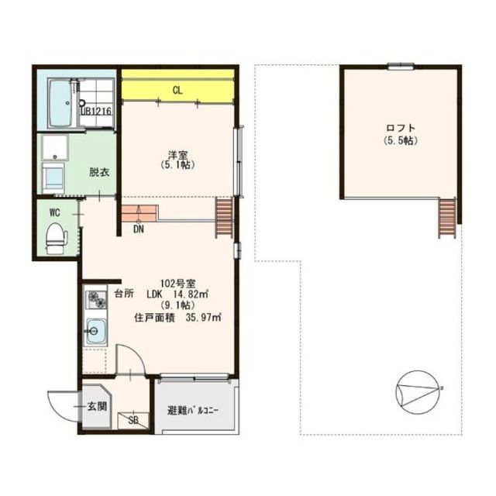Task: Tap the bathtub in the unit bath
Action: [60, 103]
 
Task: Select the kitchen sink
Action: [97, 331]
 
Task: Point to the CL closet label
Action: [177, 91]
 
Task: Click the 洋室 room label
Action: [177, 155]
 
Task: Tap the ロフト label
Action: [401, 128]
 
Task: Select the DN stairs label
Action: [139, 229]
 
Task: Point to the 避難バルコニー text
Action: [193, 411]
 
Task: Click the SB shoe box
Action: [133, 421]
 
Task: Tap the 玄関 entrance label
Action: [97, 407]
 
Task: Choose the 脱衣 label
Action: [99, 172]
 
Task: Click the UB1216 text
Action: [96, 112]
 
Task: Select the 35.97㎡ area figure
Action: [203, 317]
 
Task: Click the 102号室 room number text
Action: [178, 282]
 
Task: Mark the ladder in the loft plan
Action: [447, 218]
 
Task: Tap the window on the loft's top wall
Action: [401, 66]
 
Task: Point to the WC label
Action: [55, 213]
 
